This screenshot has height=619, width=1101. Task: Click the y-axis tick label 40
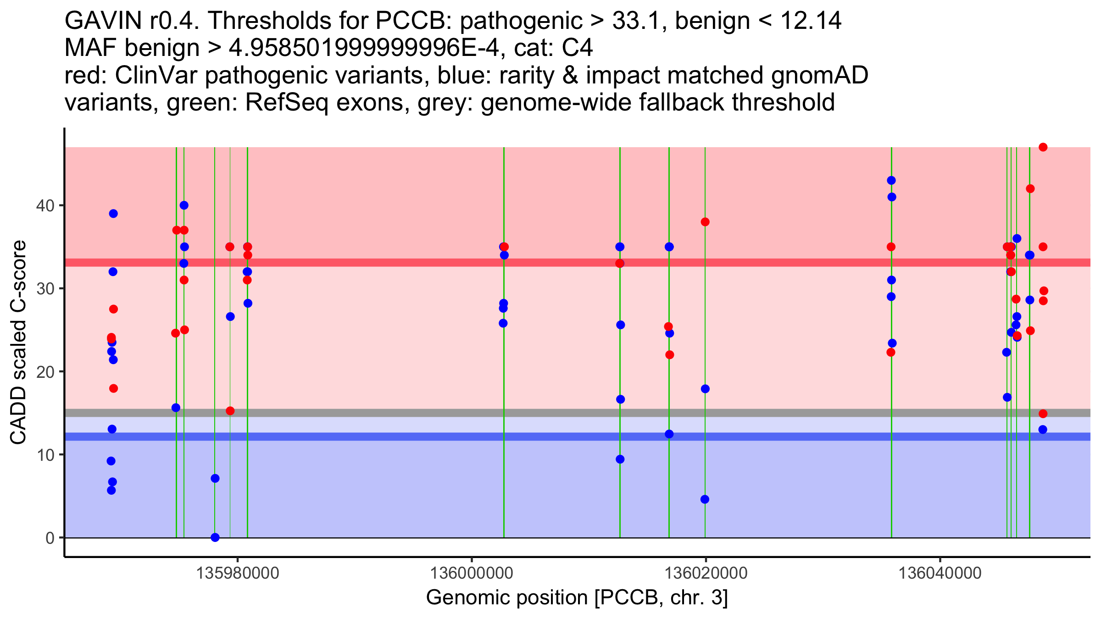pyautogui.click(x=44, y=205)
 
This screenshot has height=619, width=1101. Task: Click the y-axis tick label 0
pyautogui.click(x=50, y=538)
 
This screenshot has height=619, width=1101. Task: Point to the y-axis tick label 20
pyautogui.click(x=44, y=372)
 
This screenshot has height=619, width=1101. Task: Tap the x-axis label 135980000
pyautogui.click(x=238, y=573)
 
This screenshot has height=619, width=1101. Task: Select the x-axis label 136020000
pyautogui.click(x=706, y=573)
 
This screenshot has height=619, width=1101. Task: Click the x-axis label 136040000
pyautogui.click(x=940, y=573)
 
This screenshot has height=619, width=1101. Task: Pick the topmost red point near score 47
pyautogui.click(x=1043, y=147)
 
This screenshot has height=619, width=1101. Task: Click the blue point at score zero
pyautogui.click(x=215, y=537)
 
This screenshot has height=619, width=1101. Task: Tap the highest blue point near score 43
pyautogui.click(x=891, y=181)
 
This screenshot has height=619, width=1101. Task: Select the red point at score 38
pyautogui.click(x=705, y=222)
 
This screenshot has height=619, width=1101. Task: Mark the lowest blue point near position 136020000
pyautogui.click(x=705, y=499)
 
